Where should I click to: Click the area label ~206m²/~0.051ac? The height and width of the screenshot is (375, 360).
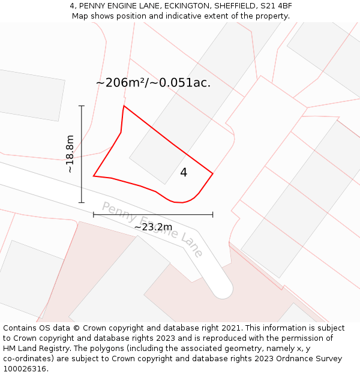[x=153, y=83]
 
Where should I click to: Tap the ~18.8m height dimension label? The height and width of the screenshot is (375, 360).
[x=70, y=154]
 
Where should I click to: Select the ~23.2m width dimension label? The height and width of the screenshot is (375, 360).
[x=153, y=227]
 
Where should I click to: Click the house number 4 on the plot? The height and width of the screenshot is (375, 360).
[x=184, y=173]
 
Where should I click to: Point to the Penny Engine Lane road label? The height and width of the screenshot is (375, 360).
[x=152, y=230]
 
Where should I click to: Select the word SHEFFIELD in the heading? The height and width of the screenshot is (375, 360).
[x=231, y=6]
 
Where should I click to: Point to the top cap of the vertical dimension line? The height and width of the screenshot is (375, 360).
[x=82, y=106]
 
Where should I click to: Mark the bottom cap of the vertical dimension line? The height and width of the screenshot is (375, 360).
[x=82, y=203]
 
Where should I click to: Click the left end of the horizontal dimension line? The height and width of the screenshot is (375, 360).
[x=94, y=214]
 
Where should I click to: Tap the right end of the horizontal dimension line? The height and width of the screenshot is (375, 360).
[x=213, y=214]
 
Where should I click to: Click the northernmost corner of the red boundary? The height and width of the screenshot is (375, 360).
[x=124, y=106]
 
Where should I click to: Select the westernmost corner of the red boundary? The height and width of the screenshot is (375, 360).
[x=94, y=176]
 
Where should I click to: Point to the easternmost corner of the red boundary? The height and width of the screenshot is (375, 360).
[x=213, y=174]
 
